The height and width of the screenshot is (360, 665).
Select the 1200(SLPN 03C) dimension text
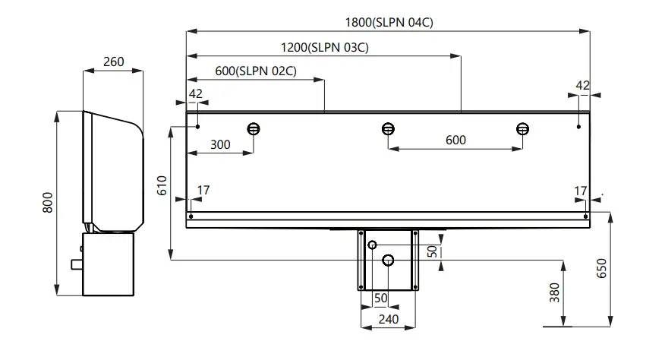pos(324,47)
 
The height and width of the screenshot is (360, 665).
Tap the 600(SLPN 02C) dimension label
pos(255,71)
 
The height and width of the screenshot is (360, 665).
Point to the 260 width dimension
pos(113,62)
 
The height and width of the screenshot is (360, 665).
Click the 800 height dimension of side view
pos(47,204)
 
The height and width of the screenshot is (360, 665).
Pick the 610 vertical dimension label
pos(162,186)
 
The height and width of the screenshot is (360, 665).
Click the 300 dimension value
pos(220,144)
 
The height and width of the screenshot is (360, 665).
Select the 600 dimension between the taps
pos(455,140)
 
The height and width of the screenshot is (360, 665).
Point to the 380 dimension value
pos(554,292)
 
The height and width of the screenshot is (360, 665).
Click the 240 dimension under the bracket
pos(388,320)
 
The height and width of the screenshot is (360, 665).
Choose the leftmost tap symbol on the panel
pos(254,128)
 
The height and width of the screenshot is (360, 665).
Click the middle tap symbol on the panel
pos(388,128)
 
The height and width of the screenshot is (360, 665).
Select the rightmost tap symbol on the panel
pos(522,128)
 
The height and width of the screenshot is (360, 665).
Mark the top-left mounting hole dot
pos(197,126)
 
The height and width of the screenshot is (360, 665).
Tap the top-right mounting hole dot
pos(578,126)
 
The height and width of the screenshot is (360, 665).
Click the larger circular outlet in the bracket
pos(388,261)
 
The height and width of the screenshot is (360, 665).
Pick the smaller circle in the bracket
pos(372,245)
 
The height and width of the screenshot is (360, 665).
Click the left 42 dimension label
pos(196,93)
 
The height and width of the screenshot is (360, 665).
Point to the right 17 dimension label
pos(581,190)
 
